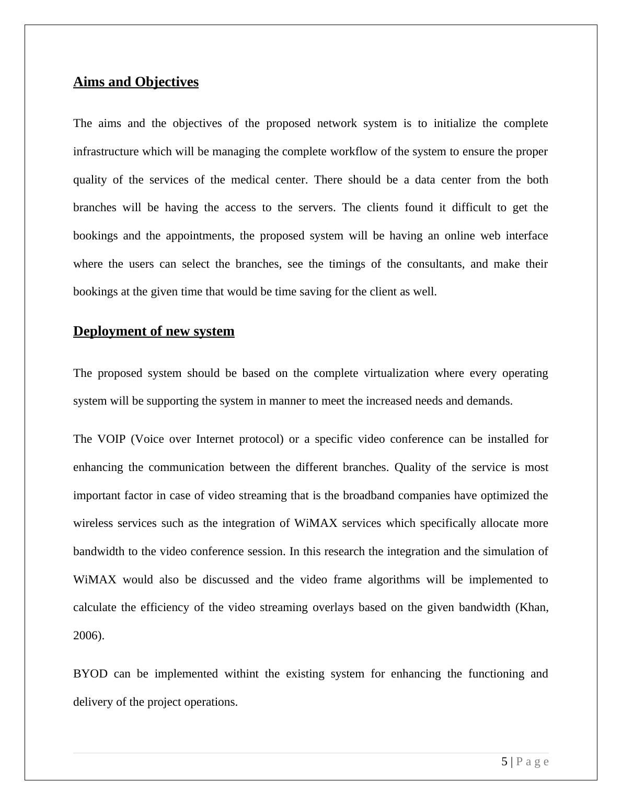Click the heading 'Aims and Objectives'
(136, 82)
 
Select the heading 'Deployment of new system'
(154, 331)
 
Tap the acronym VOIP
(111, 439)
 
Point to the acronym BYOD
(90, 674)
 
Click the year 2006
(87, 636)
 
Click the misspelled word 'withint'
(241, 674)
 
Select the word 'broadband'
(370, 496)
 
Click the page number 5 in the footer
(504, 762)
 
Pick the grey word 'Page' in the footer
(533, 762)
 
